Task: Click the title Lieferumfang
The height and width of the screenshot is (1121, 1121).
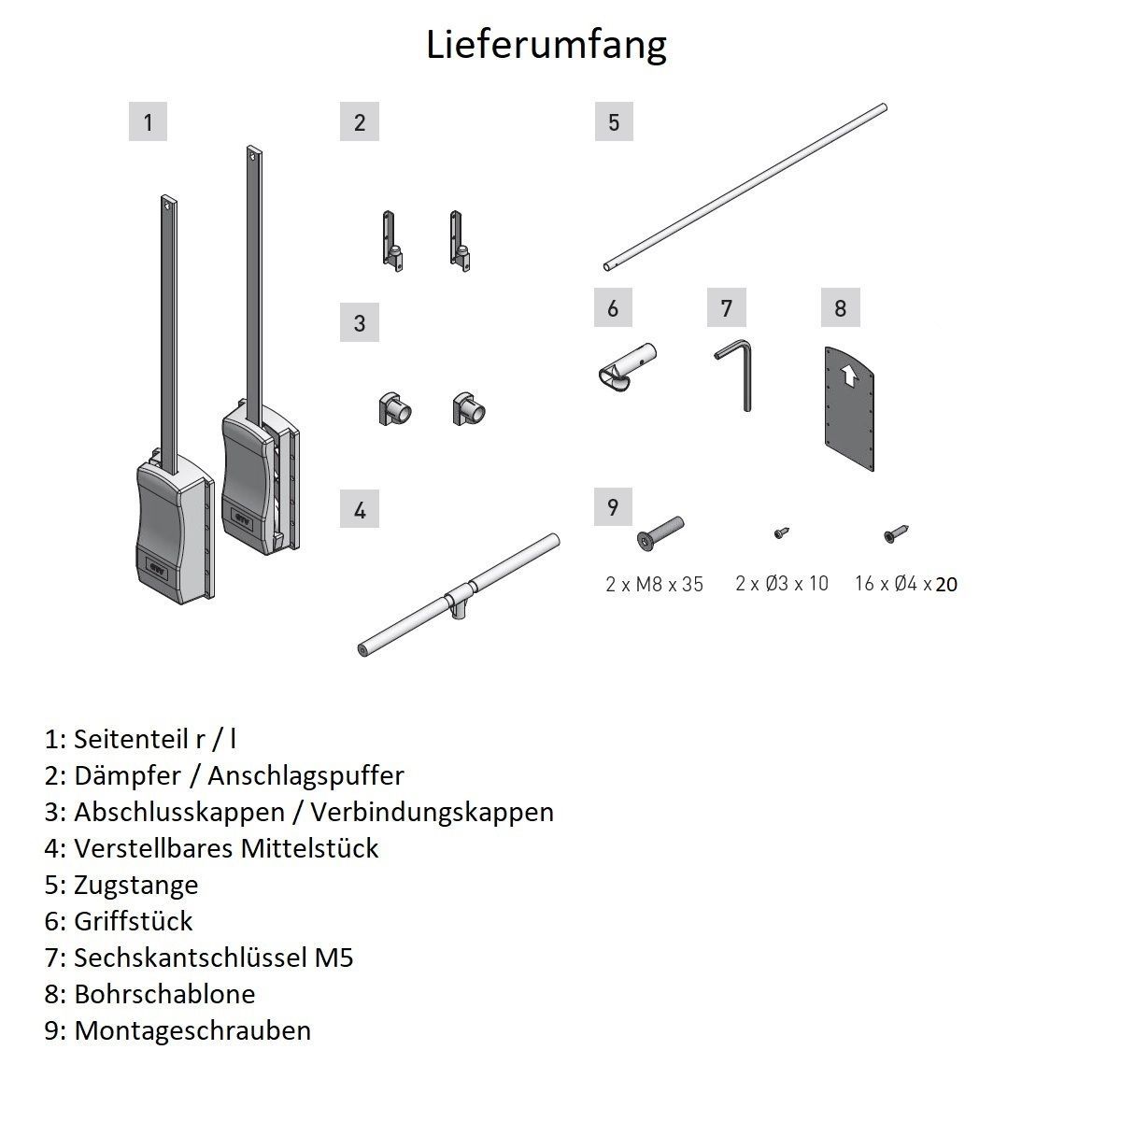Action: (546, 44)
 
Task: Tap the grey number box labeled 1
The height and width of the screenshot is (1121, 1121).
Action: (148, 122)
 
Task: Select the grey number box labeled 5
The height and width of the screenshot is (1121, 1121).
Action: (613, 122)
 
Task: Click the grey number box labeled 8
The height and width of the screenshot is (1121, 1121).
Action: (840, 308)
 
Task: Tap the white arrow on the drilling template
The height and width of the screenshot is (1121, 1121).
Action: (849, 376)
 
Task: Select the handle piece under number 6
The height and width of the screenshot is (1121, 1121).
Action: (628, 365)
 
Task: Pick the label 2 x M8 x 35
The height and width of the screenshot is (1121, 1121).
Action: (654, 585)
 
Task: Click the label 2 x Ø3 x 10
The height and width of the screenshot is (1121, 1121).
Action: (782, 584)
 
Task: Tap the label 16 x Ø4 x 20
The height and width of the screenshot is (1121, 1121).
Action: (906, 585)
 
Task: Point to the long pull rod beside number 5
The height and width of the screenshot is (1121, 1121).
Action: (745, 188)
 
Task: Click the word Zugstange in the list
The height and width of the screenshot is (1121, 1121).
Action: (136, 884)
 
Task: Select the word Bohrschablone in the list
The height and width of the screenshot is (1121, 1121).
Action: (164, 993)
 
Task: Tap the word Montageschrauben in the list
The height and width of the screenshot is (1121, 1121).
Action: (192, 1030)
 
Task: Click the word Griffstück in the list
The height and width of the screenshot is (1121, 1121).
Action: (134, 921)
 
